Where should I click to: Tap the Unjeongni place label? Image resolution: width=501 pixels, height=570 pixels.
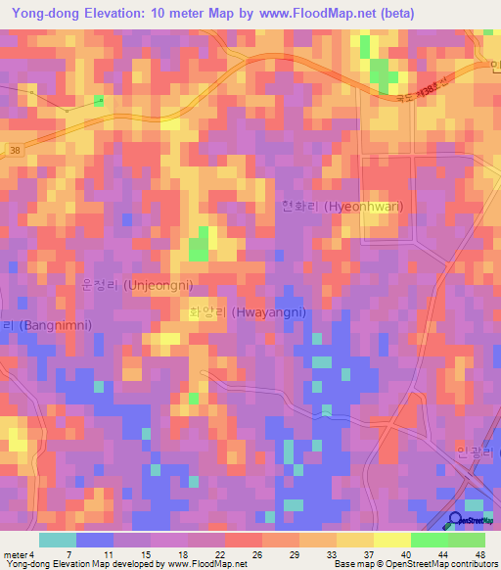137,284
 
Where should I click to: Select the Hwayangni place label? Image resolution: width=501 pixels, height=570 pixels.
248,312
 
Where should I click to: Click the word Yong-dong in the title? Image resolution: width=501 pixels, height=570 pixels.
46,14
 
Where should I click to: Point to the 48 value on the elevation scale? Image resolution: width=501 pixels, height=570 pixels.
479,554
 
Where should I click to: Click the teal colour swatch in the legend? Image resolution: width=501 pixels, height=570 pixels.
58,540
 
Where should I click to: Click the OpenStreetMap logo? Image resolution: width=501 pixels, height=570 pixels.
473,521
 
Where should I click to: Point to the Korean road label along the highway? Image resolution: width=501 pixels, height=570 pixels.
419,93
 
